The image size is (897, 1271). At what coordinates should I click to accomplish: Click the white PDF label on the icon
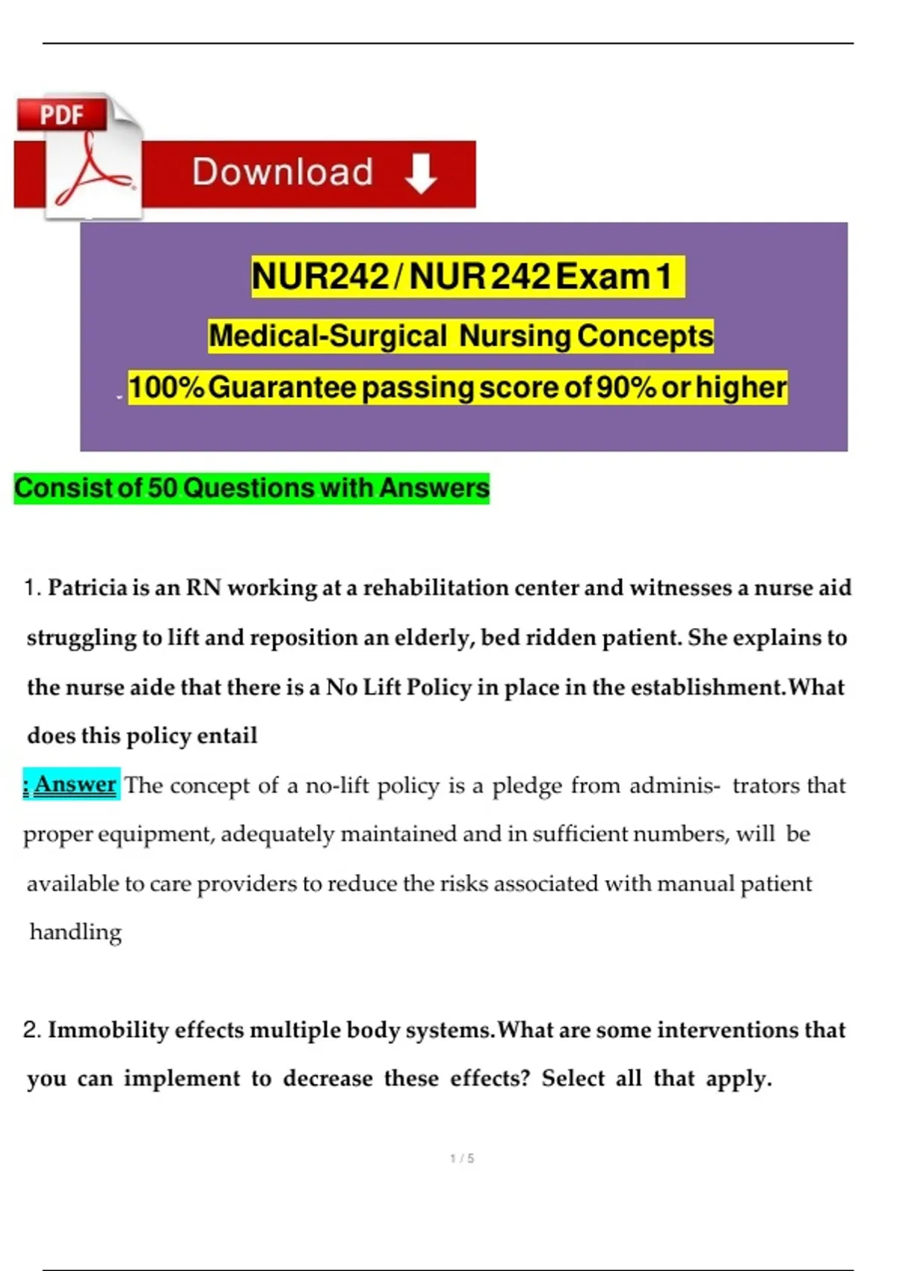coord(61,115)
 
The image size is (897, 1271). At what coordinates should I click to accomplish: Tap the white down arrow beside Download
coord(421,173)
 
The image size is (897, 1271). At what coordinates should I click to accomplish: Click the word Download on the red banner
coord(283,172)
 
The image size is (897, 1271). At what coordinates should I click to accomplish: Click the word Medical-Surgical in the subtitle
coord(327,336)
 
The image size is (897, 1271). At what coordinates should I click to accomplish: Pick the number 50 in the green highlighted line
coord(162,488)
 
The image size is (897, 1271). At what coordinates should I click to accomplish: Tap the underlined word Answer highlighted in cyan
coord(75,784)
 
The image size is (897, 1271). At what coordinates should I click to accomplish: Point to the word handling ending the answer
coord(75,932)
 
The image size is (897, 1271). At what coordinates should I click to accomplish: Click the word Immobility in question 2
coord(108,1030)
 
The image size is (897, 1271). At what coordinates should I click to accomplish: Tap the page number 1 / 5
coord(462,1158)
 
